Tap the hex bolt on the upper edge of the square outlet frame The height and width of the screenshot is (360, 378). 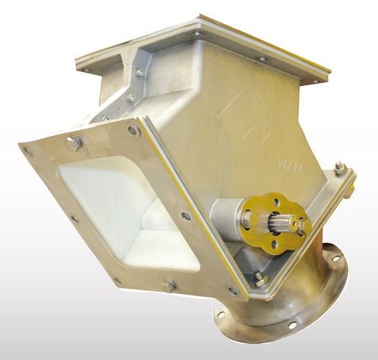[x=73, y=143]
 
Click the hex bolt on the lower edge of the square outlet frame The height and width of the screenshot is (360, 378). [x=169, y=285]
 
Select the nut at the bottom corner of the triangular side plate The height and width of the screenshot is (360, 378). [x=260, y=278]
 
